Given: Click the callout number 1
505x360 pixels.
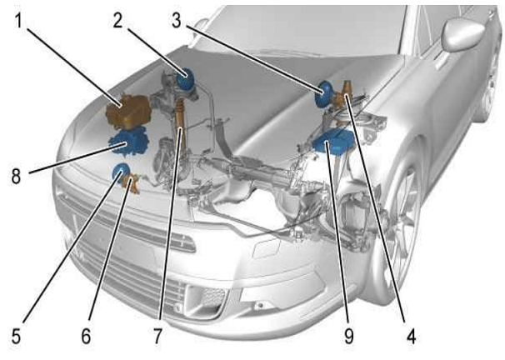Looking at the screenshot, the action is click(19, 21).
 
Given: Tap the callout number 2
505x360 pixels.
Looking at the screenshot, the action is click(117, 20).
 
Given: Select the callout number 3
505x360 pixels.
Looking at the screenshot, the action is click(177, 20).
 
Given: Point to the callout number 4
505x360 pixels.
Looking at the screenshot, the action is click(411, 337).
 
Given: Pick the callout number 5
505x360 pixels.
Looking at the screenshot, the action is click(16, 337).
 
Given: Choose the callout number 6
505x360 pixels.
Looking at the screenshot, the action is click(86, 337).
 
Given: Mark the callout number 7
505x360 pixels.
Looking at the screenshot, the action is click(157, 337).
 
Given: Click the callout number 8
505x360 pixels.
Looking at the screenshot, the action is click(16, 176).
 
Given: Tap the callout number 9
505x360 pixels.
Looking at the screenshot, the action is click(349, 337).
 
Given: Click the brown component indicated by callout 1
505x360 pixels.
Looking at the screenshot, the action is click(129, 111).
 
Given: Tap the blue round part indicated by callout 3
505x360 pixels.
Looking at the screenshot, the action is click(325, 94).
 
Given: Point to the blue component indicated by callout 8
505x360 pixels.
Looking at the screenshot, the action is click(129, 142).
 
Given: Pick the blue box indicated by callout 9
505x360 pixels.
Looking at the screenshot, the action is click(333, 142).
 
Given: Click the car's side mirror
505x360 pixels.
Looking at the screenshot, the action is click(463, 34).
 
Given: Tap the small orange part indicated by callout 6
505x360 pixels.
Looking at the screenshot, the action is click(132, 183).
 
